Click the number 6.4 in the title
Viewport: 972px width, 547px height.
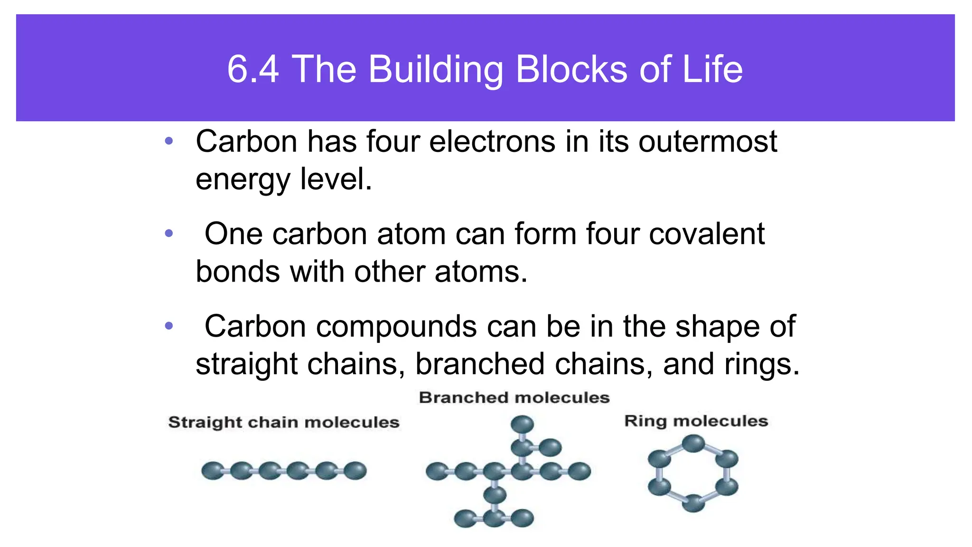(x=253, y=70)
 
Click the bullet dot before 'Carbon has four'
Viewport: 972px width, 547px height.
(x=169, y=141)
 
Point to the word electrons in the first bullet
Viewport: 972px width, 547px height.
(x=492, y=141)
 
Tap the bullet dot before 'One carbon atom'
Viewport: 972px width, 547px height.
(x=169, y=234)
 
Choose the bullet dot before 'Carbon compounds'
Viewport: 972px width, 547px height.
(x=169, y=326)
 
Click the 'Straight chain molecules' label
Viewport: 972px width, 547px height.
(x=284, y=422)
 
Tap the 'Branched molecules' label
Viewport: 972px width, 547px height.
(x=514, y=397)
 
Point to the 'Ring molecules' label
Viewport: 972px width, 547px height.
(x=696, y=421)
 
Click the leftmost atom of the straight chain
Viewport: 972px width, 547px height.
(x=213, y=471)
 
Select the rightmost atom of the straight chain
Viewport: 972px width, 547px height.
(x=355, y=471)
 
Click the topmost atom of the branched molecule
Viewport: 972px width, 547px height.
(x=523, y=424)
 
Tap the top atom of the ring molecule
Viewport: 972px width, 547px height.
(x=693, y=443)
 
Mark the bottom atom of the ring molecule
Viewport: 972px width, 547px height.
(x=693, y=503)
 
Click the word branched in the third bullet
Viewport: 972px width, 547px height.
(x=479, y=364)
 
